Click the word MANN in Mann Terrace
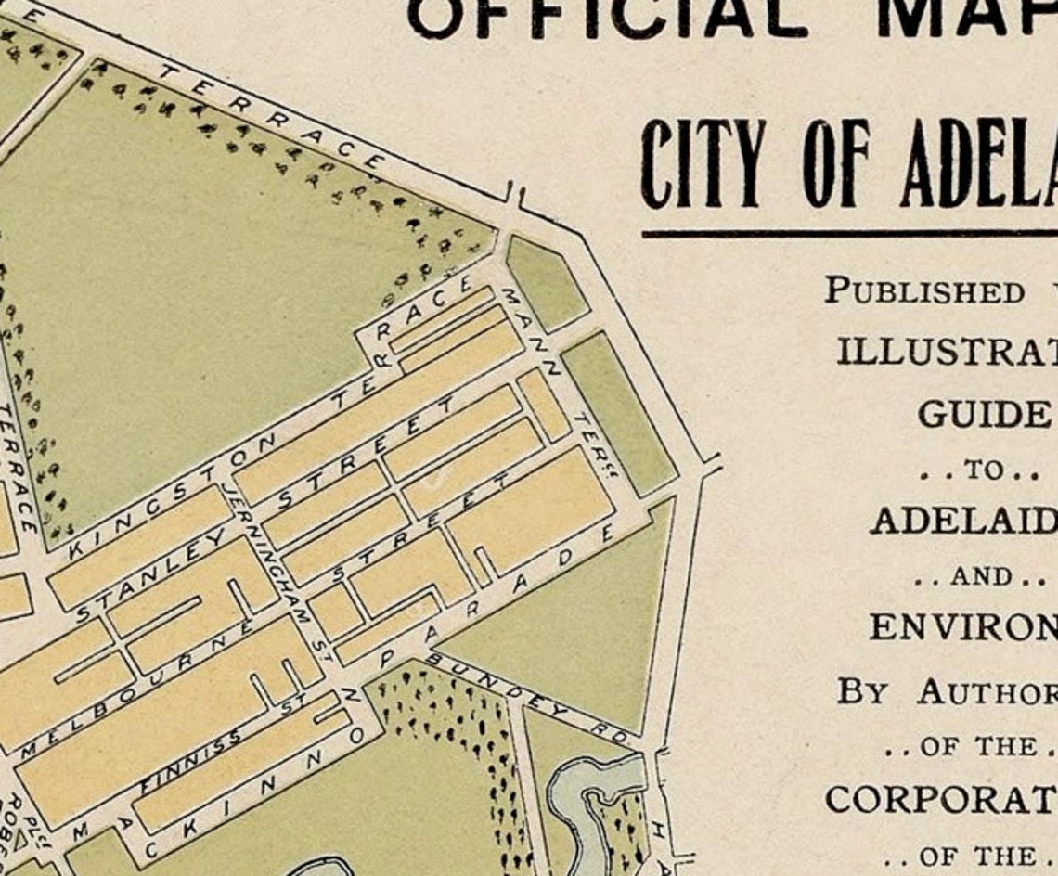(x=529, y=328)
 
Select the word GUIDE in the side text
(x=983, y=414)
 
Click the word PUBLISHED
(x=923, y=290)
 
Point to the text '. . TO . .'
(x=978, y=470)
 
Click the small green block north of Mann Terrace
(x=547, y=284)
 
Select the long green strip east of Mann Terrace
(x=619, y=414)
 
